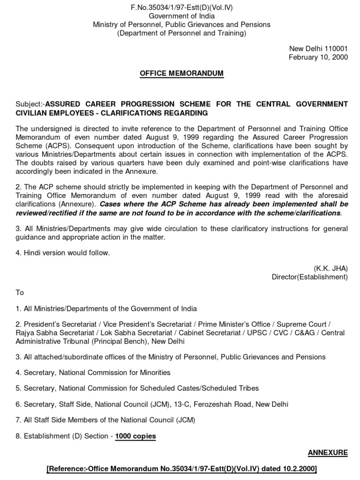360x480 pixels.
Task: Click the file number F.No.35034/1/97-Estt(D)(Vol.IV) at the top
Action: point(181,6)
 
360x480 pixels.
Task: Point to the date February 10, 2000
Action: point(318,57)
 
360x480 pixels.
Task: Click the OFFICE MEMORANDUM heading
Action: point(181,74)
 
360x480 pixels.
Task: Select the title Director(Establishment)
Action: point(310,277)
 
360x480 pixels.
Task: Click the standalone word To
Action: point(20,292)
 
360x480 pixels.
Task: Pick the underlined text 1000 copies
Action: point(135,436)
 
